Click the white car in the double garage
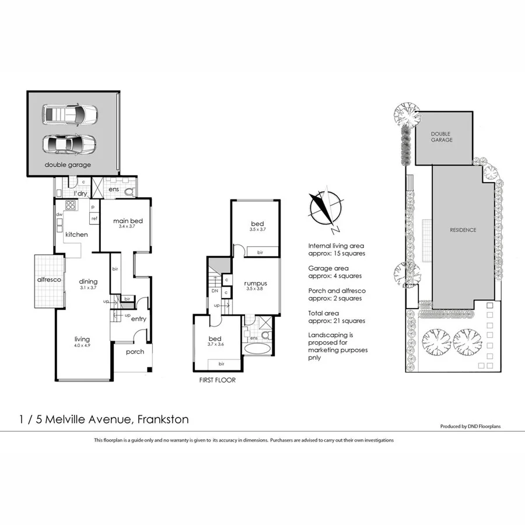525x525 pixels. tap(70, 115)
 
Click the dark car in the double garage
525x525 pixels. tap(70, 143)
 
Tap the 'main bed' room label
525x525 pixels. tap(128, 220)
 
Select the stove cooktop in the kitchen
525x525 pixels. tap(71, 205)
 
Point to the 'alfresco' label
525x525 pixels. tap(50, 280)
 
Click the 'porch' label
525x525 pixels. tap(135, 351)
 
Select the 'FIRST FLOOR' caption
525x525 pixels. tap(216, 380)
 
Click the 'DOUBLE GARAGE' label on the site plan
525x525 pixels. tap(442, 136)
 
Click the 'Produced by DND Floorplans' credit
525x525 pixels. tap(470, 426)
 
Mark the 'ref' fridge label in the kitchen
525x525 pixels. tap(93, 218)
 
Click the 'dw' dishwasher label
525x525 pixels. tap(59, 215)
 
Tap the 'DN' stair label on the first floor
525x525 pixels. tap(215, 290)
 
